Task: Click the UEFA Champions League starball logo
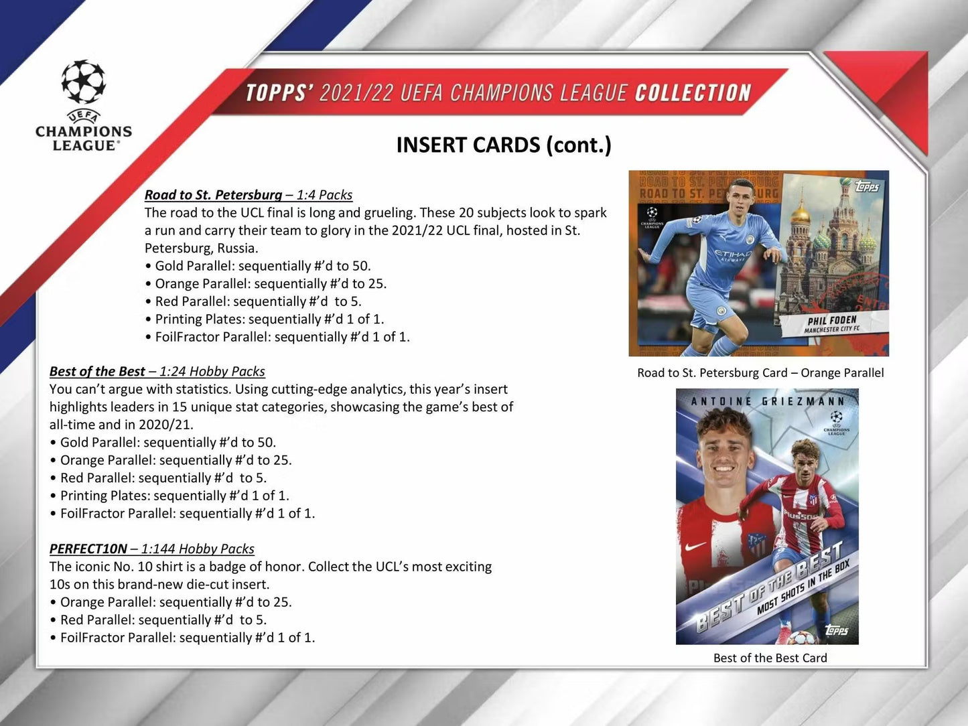pos(84,82)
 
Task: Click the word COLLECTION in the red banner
pos(693,92)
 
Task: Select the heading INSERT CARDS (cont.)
pos(504,145)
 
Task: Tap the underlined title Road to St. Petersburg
pos(213,195)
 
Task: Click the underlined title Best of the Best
pos(97,372)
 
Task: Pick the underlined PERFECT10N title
pos(88,549)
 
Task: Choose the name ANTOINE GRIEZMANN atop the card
pos(767,401)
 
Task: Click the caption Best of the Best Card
pos(770,658)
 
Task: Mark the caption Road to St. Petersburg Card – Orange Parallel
pos(760,373)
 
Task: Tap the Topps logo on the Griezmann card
pos(837,630)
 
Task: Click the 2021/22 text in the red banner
pos(356,92)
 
